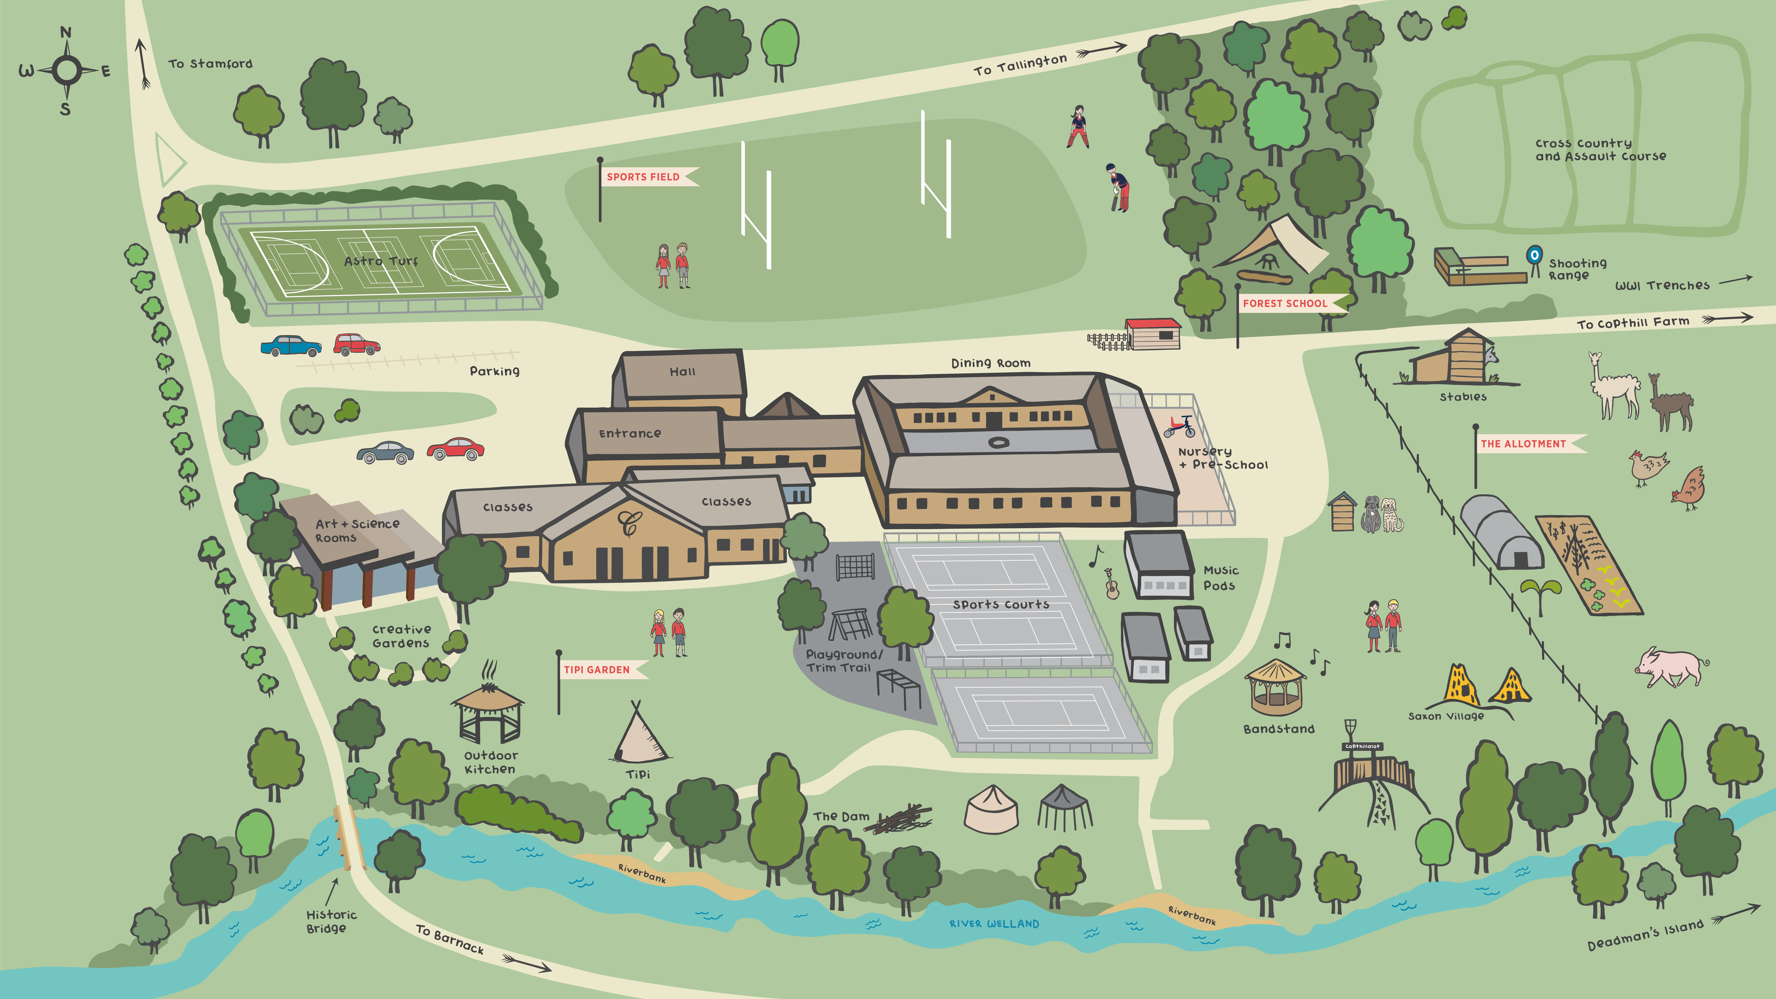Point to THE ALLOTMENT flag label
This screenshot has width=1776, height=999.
[x=1524, y=444]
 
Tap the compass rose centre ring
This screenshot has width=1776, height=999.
[x=67, y=70]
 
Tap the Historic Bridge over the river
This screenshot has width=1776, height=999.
[x=349, y=838]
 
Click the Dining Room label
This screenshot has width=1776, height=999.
[x=991, y=363]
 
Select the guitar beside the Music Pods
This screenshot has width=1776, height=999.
[x=1111, y=585]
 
